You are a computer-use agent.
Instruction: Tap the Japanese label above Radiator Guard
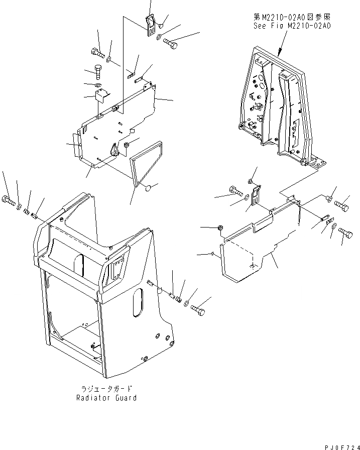[x=106, y=389]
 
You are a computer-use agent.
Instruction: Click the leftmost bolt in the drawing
[x=9, y=202]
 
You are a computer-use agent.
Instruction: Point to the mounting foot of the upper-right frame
[x=317, y=162]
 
